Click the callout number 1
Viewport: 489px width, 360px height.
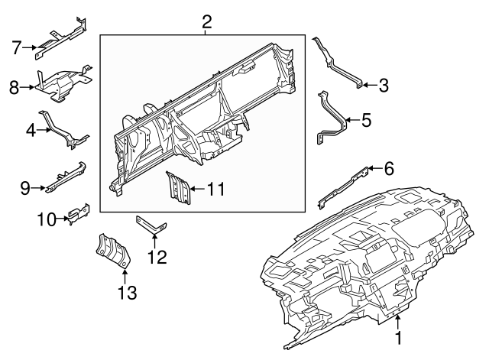[x=397, y=337]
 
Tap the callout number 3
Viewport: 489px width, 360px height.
[x=384, y=86]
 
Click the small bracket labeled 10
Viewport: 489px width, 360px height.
[x=78, y=214]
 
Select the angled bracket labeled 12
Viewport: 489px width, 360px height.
[x=151, y=226]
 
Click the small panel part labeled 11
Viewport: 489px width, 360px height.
[x=179, y=188]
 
